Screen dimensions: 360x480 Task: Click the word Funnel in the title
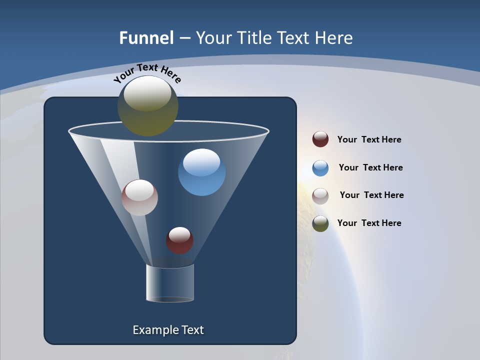click(146, 38)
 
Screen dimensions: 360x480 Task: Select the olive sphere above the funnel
click(147, 106)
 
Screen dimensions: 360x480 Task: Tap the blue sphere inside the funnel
click(201, 172)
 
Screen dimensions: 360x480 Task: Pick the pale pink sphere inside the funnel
click(139, 197)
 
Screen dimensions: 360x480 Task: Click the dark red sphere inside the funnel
click(179, 240)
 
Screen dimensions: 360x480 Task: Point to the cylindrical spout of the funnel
click(170, 283)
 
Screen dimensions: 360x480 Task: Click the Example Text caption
click(168, 330)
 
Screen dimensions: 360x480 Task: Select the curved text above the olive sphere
click(147, 73)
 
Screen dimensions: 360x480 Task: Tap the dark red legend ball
click(320, 139)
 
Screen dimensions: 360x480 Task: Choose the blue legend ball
click(320, 167)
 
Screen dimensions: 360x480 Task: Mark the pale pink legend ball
click(320, 195)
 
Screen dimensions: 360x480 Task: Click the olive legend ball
click(320, 223)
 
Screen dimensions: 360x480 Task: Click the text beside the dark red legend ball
click(369, 139)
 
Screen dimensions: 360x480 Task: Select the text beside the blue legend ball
click(370, 167)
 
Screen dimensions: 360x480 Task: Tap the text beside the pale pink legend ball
click(371, 195)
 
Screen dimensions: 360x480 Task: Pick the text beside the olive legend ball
click(369, 223)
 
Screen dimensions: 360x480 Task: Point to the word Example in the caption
click(153, 330)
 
